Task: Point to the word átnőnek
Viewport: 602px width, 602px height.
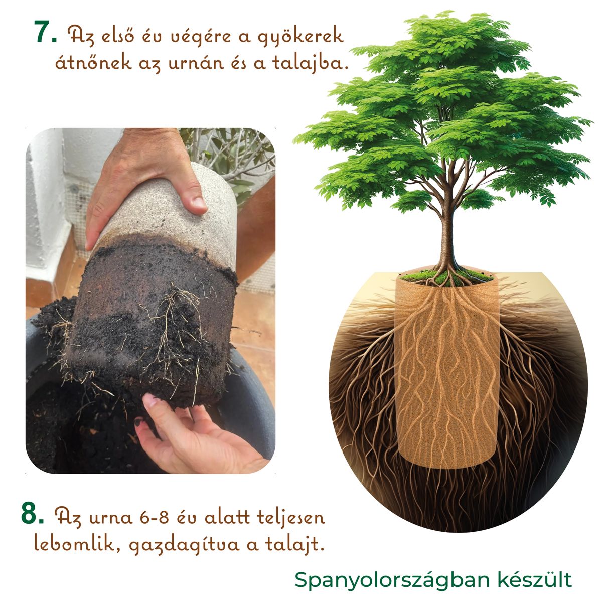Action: [x=93, y=61]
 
